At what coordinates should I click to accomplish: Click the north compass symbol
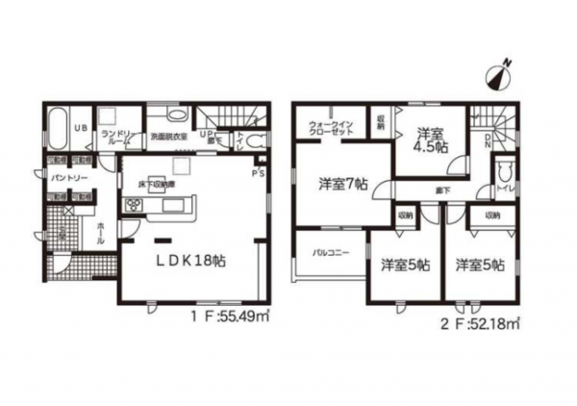click(501, 73)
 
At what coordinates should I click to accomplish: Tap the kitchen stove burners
click(131, 206)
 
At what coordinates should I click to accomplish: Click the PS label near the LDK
click(257, 174)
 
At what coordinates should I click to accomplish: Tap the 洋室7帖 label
click(342, 183)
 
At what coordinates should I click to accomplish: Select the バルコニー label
click(329, 254)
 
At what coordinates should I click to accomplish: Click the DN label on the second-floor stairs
click(489, 141)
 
